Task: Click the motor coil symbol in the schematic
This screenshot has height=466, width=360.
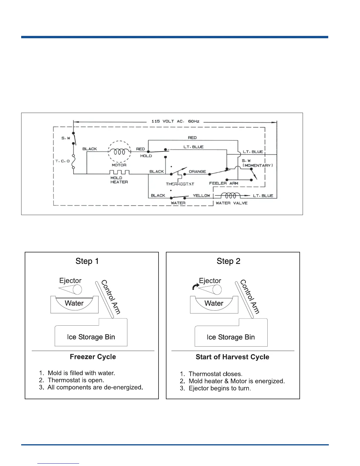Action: point(119,152)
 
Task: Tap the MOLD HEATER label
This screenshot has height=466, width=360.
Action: point(119,180)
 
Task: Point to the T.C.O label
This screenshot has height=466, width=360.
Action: point(62,161)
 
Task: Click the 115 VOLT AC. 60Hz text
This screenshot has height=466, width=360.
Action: point(175,121)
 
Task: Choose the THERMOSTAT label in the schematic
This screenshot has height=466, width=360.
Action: point(180,184)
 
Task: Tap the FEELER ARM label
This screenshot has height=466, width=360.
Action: point(224,183)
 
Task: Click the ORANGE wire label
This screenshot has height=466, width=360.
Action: point(197,172)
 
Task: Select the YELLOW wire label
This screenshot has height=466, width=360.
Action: point(201,195)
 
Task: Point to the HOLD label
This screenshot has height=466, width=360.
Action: point(146,156)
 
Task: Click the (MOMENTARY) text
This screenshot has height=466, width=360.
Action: point(258,165)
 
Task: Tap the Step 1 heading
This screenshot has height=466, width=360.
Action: point(87,261)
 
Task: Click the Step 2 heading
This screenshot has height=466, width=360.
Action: point(229,261)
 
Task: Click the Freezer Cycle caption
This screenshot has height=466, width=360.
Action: point(93,357)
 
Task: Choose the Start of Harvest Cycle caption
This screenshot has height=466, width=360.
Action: point(232,357)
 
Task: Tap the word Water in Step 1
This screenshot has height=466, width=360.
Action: point(74,303)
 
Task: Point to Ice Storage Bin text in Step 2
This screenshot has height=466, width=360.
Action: point(231,337)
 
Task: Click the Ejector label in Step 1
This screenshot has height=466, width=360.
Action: point(70,281)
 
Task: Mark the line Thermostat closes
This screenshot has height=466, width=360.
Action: point(215,374)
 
